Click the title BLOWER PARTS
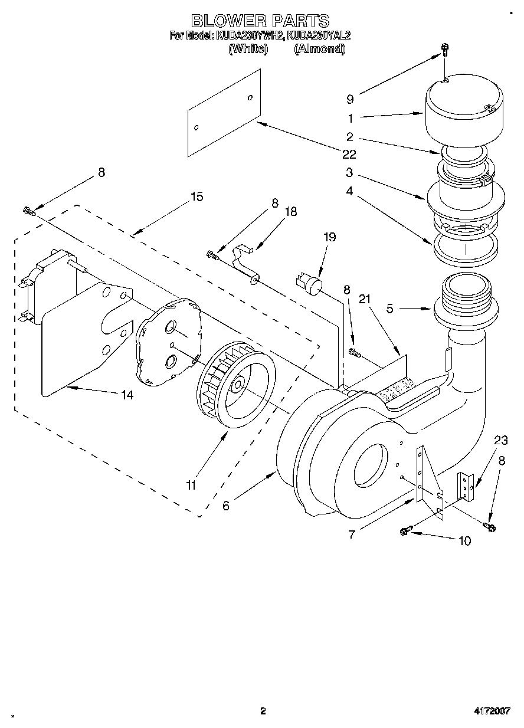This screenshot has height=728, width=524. click(x=260, y=21)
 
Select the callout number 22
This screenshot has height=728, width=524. click(x=349, y=155)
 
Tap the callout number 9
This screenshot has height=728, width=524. click(x=350, y=100)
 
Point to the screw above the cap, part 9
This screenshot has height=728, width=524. click(x=444, y=52)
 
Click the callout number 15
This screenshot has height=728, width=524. click(x=196, y=196)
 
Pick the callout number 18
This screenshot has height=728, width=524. click(x=291, y=212)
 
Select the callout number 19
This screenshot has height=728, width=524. click(x=329, y=237)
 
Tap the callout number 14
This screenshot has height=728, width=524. click(x=127, y=395)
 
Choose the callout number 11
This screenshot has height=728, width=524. click(x=191, y=486)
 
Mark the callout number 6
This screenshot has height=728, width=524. click(x=226, y=506)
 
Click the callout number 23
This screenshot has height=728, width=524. click(x=500, y=440)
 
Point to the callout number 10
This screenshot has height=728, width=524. click(x=464, y=540)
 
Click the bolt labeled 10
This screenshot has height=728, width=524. click(x=404, y=532)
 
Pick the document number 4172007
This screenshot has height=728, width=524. click(x=493, y=711)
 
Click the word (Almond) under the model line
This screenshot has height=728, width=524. click(x=319, y=48)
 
